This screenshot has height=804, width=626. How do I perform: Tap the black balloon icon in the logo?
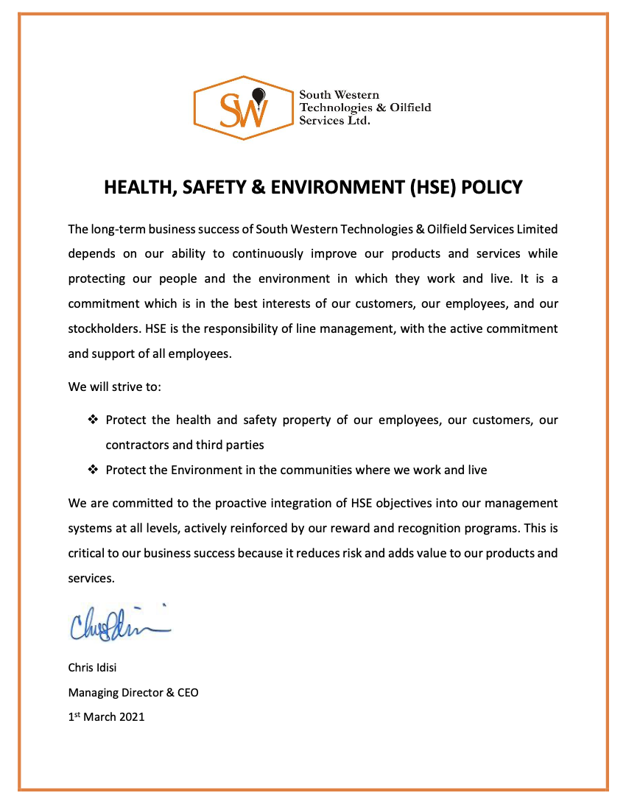pyautogui.click(x=258, y=95)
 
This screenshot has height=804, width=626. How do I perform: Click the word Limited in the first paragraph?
pyautogui.click(x=536, y=229)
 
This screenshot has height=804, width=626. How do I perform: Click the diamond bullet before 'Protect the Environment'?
pyautogui.click(x=93, y=470)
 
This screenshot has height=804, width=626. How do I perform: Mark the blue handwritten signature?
pyautogui.click(x=118, y=624)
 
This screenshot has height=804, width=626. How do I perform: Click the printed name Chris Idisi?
pyautogui.click(x=92, y=668)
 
